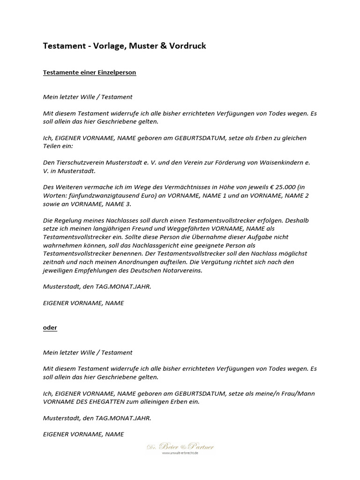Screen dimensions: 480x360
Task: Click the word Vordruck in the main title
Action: coord(186,46)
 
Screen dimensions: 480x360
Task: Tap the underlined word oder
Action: coord(50,328)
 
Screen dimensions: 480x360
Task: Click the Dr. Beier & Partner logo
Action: coord(180,446)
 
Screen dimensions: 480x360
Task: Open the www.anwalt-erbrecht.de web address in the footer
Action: coord(180,453)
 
